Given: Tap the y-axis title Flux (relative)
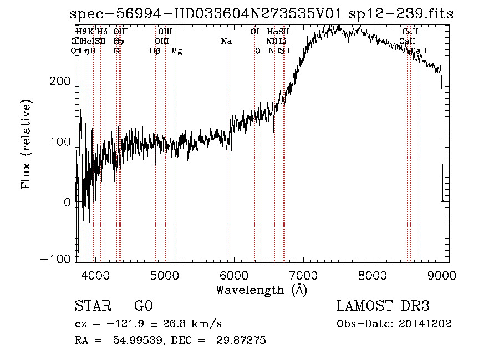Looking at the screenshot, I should point(26,144).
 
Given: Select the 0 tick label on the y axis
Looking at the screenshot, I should point(67,202).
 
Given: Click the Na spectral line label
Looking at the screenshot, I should point(226,42).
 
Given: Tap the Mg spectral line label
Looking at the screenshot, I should point(176,51).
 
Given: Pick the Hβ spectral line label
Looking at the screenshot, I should point(155,51).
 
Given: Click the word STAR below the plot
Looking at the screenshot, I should point(92,306).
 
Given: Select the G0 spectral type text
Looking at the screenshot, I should point(143,306).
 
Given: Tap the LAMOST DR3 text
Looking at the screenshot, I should point(383,306).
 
